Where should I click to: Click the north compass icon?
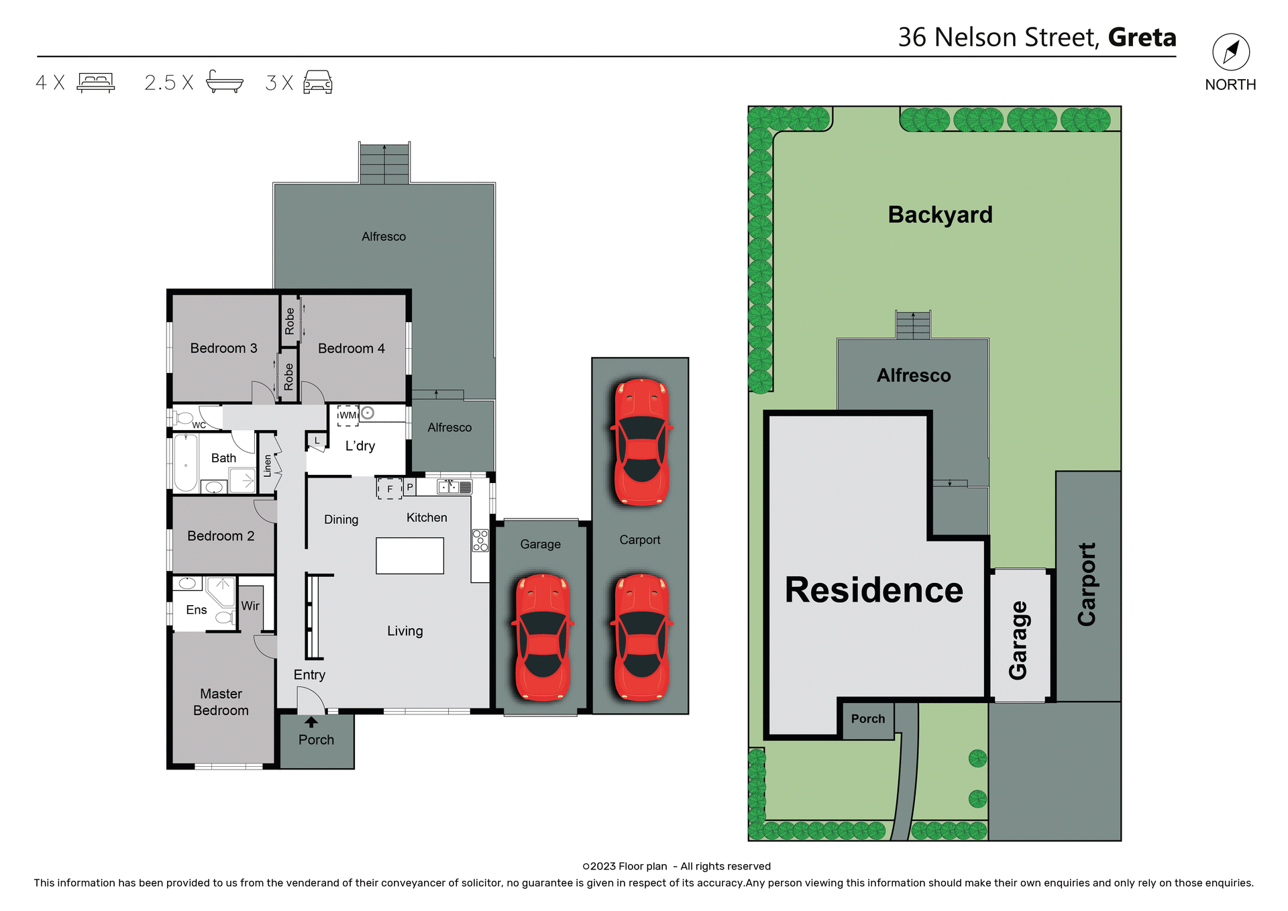pyautogui.click(x=1230, y=52)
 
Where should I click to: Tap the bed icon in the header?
pyautogui.click(x=96, y=83)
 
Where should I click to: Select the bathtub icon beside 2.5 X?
pyautogui.click(x=224, y=82)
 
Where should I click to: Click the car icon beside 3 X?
pyautogui.click(x=318, y=82)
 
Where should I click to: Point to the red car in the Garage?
pyautogui.click(x=543, y=637)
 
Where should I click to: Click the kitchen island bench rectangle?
pyautogui.click(x=409, y=555)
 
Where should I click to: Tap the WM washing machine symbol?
pyautogui.click(x=347, y=415)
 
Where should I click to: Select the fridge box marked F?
pyautogui.click(x=389, y=488)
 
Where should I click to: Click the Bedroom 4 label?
pyautogui.click(x=351, y=348)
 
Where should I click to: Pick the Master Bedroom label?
pyautogui.click(x=221, y=702)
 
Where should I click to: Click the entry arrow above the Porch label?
pyautogui.click(x=311, y=722)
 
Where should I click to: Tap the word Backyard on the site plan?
pyautogui.click(x=940, y=215)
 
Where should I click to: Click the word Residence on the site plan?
pyautogui.click(x=873, y=590)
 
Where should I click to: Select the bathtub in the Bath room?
pyautogui.click(x=186, y=464)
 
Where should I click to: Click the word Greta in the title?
pyautogui.click(x=1142, y=38)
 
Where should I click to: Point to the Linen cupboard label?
pyautogui.click(x=268, y=465)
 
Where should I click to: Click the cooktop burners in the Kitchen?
pyautogui.click(x=480, y=541)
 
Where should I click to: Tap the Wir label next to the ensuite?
pyautogui.click(x=250, y=606)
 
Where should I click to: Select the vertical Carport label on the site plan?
pyautogui.click(x=1086, y=584)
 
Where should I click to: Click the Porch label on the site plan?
pyautogui.click(x=868, y=718)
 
